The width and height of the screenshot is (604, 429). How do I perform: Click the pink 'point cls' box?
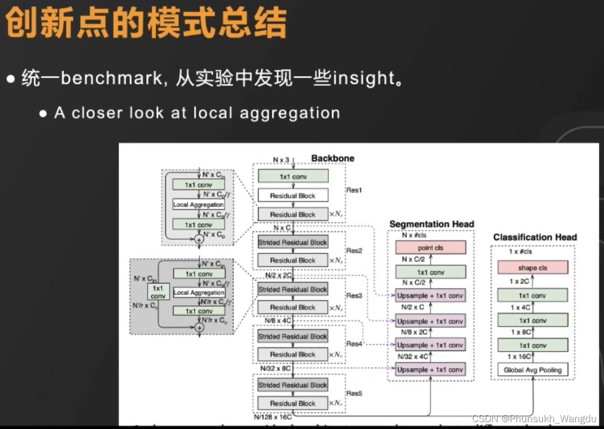[431, 247]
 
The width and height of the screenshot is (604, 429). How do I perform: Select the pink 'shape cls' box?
[533, 267]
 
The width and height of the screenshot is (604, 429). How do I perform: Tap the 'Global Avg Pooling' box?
[533, 370]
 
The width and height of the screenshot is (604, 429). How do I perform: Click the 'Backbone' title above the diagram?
[333, 158]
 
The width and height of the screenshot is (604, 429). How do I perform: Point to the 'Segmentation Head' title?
[432, 224]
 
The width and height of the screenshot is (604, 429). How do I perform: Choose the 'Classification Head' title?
[535, 237]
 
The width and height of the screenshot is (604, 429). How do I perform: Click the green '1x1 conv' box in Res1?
[293, 176]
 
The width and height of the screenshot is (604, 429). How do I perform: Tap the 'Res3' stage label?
[354, 296]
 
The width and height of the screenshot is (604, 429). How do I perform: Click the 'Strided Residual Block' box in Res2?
[293, 243]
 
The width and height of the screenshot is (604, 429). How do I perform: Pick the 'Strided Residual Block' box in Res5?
[293, 385]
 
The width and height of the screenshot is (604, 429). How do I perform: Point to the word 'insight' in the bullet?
[363, 78]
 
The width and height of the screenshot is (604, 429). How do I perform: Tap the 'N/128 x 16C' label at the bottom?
[273, 417]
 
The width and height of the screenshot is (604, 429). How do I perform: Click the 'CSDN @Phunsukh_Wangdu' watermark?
[534, 419]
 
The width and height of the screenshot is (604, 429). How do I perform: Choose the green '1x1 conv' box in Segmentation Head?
[431, 272]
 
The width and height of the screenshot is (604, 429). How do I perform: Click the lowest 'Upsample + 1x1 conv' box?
[431, 369]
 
